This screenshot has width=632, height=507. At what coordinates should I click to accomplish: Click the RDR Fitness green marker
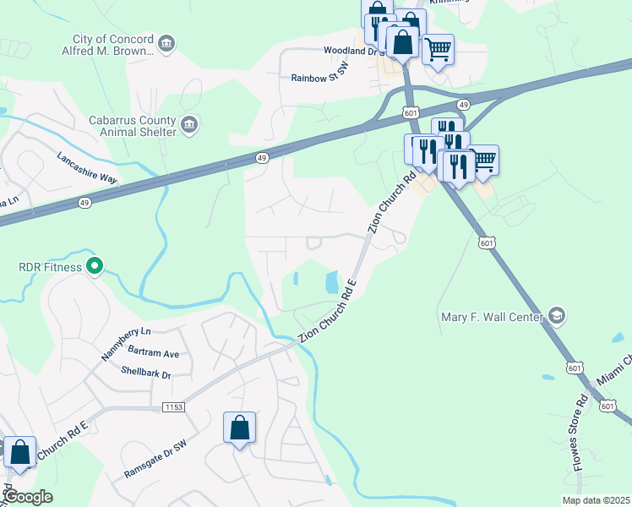coord(95,267)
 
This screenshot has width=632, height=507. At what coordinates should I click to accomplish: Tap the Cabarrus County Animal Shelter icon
coord(189,126)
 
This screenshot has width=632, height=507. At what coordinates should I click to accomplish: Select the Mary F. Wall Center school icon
coord(557,317)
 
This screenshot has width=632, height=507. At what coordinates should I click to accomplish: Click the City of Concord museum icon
coord(166,45)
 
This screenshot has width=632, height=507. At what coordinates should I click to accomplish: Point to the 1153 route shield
coord(173,407)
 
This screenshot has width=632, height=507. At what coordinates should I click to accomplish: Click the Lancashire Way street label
coord(87,167)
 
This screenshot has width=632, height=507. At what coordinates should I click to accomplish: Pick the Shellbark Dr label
coord(145,373)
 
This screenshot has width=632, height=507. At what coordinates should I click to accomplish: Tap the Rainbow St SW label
coord(320,78)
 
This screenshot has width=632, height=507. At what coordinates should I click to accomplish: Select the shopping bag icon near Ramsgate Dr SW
coord(240,428)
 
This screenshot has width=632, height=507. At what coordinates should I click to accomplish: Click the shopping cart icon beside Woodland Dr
coord(438,50)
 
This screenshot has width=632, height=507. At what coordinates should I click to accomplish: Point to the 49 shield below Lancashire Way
coord(84,203)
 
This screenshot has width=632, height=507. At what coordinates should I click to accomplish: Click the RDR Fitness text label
coord(51,267)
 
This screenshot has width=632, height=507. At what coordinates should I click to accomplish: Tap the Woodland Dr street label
coord(350,51)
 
